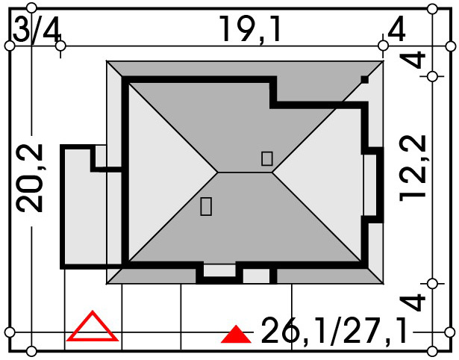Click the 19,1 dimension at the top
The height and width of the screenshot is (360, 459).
point(250,30)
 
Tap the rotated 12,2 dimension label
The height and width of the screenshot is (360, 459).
point(412,168)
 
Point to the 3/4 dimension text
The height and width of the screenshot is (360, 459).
point(37,30)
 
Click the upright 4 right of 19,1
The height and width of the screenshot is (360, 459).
point(396,29)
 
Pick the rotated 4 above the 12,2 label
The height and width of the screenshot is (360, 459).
point(412,60)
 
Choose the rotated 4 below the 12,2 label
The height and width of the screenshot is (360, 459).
point(412,302)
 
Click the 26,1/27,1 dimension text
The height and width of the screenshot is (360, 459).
point(334,331)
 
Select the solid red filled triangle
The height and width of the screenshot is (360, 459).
point(236,335)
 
